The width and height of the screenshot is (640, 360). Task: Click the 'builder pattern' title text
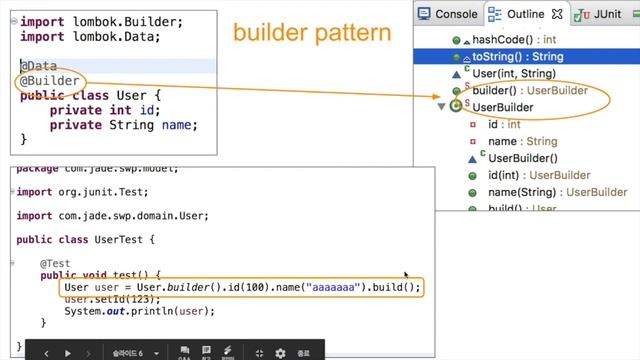(311, 33)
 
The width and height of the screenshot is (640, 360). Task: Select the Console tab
(455, 14)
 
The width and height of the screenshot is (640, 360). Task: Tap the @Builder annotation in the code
(50, 82)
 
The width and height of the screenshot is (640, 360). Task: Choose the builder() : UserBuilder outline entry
(531, 90)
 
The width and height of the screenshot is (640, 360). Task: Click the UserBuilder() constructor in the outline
(522, 158)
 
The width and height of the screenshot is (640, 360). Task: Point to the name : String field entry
(523, 141)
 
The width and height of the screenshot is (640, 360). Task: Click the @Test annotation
(55, 264)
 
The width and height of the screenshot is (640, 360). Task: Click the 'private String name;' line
(123, 125)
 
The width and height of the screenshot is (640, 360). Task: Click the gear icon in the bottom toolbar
(280, 352)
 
